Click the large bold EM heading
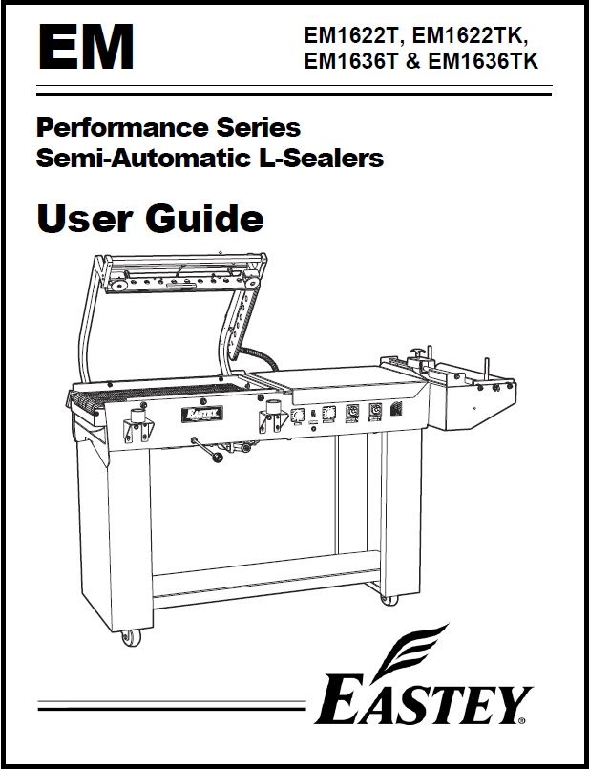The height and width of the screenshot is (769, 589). (86, 47)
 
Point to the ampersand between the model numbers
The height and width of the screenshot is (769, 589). (413, 62)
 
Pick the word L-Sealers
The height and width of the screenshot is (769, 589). (321, 159)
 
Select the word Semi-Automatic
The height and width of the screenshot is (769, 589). (144, 159)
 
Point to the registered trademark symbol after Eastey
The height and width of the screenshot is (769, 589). (522, 720)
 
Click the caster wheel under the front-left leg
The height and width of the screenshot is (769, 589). (132, 637)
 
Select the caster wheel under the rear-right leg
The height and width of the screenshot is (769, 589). (389, 600)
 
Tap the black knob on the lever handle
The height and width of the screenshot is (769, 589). (217, 458)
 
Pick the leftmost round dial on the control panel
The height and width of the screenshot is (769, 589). (297, 416)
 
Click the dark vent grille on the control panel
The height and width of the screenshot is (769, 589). (396, 409)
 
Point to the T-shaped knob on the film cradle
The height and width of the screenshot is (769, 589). (417, 353)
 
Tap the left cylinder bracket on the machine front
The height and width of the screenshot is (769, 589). (138, 425)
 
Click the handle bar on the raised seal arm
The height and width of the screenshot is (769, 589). (181, 285)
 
